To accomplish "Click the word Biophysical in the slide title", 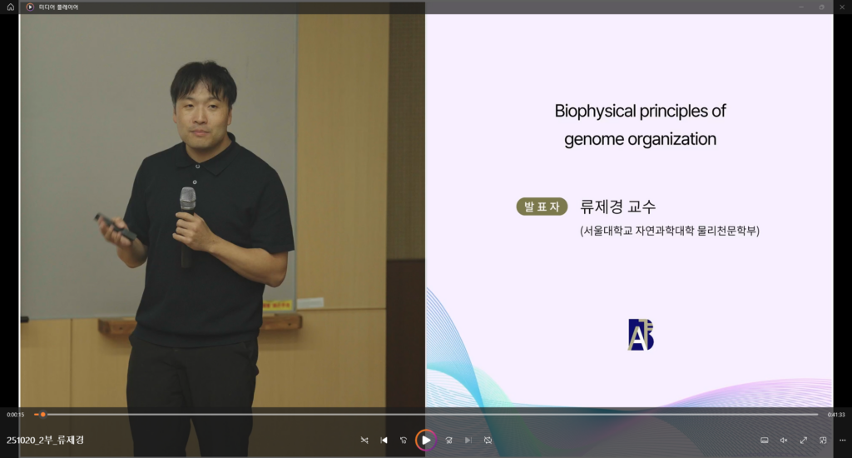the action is (595, 112).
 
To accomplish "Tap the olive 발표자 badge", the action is (542, 207).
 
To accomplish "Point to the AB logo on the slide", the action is (641, 335).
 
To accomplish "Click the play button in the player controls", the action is (426, 440).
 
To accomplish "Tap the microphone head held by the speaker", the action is (188, 198).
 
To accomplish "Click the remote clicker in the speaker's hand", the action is (115, 227).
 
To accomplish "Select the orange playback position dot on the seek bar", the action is (43, 415).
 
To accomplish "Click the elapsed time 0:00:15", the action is (15, 415).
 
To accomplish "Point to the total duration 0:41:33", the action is (836, 415).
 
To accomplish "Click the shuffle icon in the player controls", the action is (364, 440).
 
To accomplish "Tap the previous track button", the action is (384, 440).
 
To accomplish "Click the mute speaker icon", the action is (784, 440).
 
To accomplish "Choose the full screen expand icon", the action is (803, 440).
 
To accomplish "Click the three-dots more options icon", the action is (842, 440).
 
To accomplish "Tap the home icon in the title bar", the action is (10, 7).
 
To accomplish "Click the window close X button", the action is (842, 7).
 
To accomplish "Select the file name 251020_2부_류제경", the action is (45, 440).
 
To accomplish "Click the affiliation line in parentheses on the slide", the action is (670, 231).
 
